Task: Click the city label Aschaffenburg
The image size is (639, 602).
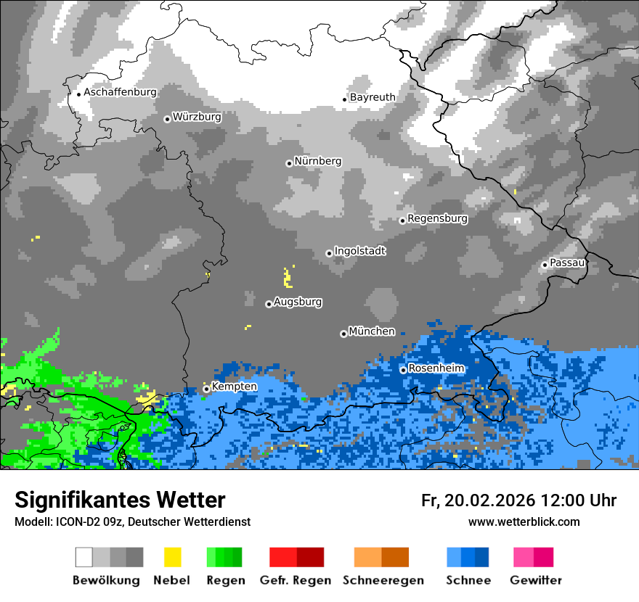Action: click(120, 92)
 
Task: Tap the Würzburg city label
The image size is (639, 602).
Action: click(197, 117)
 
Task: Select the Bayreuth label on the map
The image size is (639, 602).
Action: click(373, 97)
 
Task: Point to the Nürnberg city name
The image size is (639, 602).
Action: click(317, 161)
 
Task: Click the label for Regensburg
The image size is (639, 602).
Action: click(437, 218)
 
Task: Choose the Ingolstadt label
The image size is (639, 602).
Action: click(359, 251)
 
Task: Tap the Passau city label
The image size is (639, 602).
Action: click(567, 263)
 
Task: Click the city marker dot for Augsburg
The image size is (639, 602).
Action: click(269, 304)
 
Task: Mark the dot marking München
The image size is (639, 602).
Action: click(343, 334)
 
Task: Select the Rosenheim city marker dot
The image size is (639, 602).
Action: click(403, 370)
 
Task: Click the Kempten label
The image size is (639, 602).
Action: click(234, 387)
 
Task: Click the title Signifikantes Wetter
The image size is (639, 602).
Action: click(120, 500)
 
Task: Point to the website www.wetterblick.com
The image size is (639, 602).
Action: click(524, 522)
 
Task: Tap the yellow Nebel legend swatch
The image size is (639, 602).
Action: click(172, 557)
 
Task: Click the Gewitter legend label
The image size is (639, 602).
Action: click(535, 580)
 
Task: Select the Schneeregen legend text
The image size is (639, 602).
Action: click(383, 580)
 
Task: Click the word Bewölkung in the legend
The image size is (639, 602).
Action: click(106, 580)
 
